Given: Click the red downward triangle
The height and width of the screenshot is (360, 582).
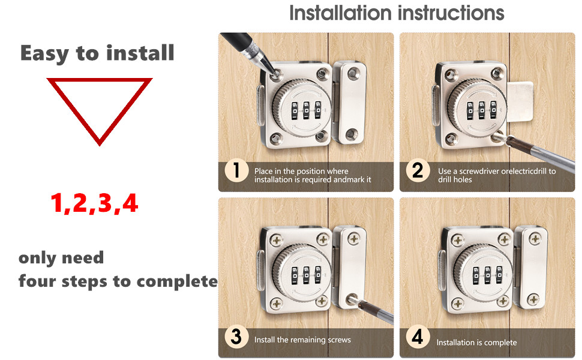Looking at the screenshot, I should point(99,105).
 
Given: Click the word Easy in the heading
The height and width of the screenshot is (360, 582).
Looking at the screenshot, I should point(45,53).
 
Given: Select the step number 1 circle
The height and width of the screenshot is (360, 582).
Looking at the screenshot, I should point(236,171).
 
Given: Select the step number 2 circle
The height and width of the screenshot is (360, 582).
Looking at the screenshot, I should point(418,171).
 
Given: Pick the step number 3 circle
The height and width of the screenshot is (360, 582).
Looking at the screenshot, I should point(236,337).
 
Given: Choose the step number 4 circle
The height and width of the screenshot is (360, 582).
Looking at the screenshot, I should point(418,337).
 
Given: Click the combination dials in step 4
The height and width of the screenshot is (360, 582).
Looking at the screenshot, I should point(481,275).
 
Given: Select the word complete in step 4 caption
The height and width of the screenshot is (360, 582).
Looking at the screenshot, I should point(500,343).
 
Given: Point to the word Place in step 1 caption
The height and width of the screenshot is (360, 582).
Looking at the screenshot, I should point(264,171).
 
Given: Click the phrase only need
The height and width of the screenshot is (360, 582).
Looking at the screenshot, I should point(61,258).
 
